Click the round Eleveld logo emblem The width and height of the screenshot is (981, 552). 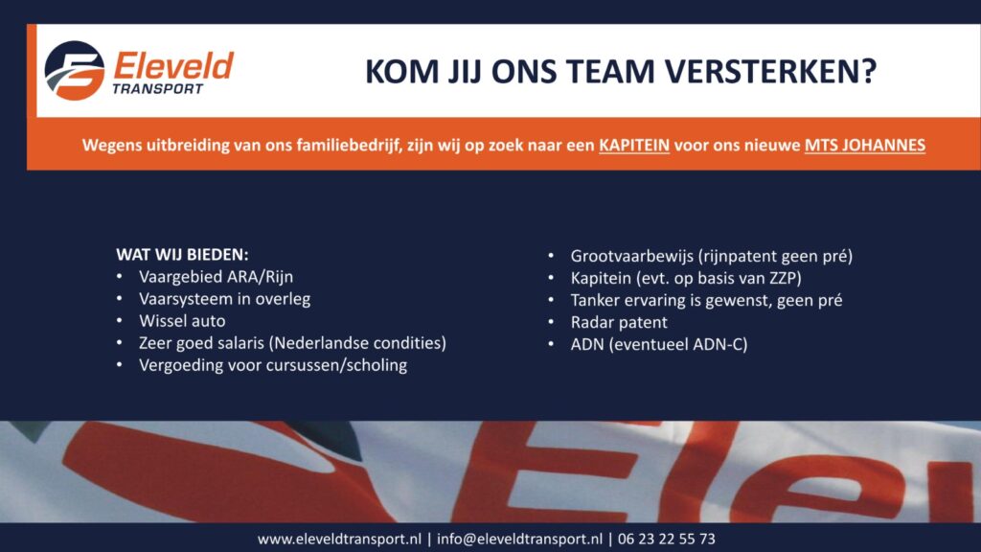(75, 71)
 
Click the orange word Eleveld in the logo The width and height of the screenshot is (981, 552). (173, 66)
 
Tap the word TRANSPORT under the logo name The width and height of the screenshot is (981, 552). (158, 89)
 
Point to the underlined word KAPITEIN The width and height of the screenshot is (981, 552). (634, 146)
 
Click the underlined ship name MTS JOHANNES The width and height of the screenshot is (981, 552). (865, 146)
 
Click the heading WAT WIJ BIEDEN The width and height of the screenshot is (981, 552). (182, 255)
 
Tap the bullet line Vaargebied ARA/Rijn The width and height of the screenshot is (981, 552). (216, 277)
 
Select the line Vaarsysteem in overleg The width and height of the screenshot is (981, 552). (224, 299)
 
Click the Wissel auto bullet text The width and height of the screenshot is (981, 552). (182, 321)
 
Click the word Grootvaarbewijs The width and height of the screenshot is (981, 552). (632, 256)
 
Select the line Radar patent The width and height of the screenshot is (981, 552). (619, 322)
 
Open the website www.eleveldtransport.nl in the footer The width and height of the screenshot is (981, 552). (339, 539)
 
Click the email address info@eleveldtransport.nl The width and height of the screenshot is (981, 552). (520, 539)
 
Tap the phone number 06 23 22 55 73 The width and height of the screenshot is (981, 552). (667, 539)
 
